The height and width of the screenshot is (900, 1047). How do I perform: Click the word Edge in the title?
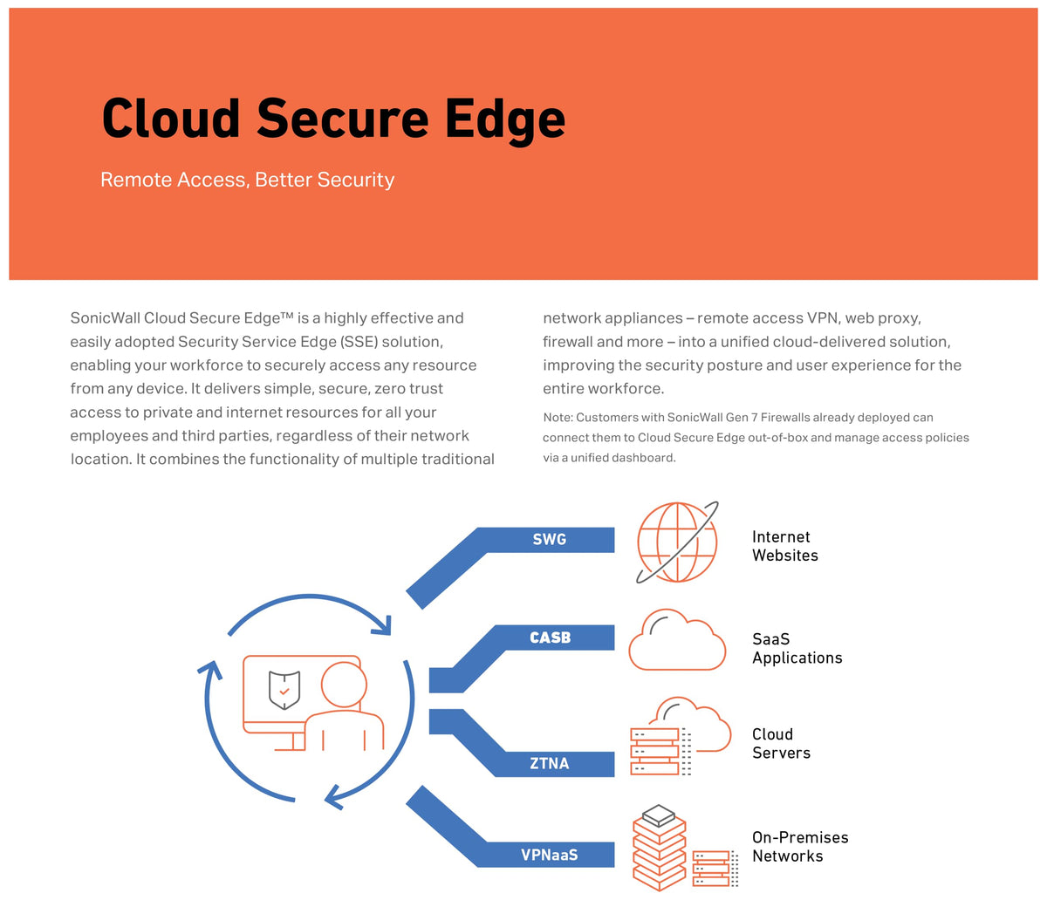505,119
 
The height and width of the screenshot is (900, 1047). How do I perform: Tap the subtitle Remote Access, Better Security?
247,180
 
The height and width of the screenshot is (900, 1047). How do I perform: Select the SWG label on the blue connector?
550,540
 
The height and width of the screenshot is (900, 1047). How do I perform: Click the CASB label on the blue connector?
550,637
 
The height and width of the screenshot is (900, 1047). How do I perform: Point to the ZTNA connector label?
550,763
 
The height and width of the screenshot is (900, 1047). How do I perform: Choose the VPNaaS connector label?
550,855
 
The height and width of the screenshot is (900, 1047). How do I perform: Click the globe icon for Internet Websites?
677,542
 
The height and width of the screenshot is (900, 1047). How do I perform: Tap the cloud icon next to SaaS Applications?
677,640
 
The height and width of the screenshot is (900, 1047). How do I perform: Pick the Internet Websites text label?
784,546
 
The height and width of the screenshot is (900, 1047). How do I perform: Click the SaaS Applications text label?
797,648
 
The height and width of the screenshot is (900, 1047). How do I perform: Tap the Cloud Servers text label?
781,743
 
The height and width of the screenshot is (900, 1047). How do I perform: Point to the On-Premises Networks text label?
799,846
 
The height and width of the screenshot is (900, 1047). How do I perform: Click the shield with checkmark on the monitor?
284,689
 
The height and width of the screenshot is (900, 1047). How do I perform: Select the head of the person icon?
344,685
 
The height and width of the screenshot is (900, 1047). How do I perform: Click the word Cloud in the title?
171,119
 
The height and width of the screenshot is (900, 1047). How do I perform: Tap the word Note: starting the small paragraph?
558,418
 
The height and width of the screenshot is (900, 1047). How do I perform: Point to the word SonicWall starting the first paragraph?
105,318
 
